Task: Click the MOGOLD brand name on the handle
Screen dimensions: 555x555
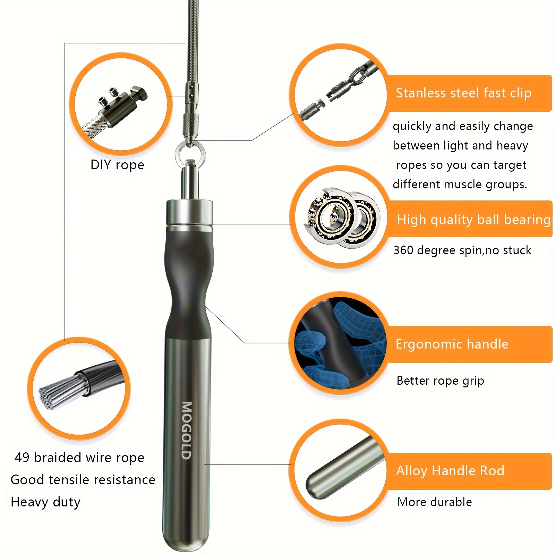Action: pyautogui.click(x=187, y=430)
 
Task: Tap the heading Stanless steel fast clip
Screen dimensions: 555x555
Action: pyautogui.click(x=464, y=93)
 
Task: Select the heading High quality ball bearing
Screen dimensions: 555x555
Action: pyautogui.click(x=474, y=220)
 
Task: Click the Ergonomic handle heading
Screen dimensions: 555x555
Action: pyautogui.click(x=452, y=344)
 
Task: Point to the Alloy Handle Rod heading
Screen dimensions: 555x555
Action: pyautogui.click(x=450, y=471)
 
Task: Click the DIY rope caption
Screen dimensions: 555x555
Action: pyautogui.click(x=117, y=165)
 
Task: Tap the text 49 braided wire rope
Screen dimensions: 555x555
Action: pyautogui.click(x=79, y=458)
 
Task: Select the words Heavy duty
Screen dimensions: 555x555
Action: pyautogui.click(x=45, y=502)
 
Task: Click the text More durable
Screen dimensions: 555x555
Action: pyautogui.click(x=435, y=502)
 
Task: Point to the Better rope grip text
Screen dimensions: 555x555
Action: pyautogui.click(x=440, y=381)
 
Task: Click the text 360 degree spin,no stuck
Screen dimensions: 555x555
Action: pyautogui.click(x=462, y=250)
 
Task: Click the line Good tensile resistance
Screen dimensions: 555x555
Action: pyautogui.click(x=83, y=480)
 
